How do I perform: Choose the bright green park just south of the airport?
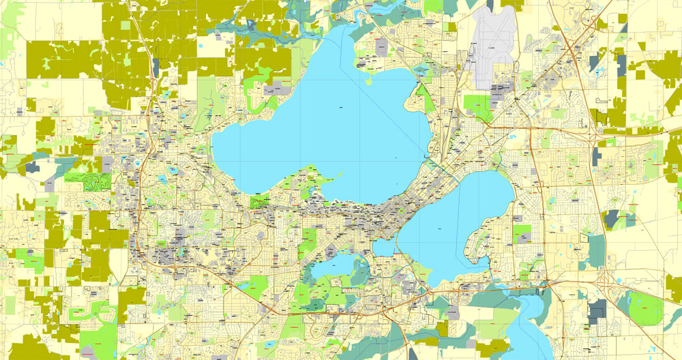(x=477, y=104)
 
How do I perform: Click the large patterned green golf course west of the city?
(x=88, y=181)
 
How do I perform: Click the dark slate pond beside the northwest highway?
(x=156, y=67)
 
